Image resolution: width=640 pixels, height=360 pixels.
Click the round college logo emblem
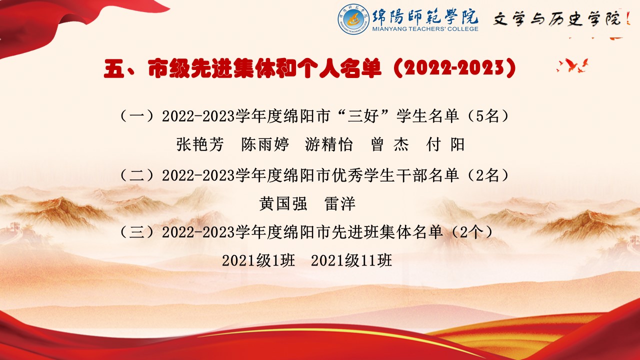(x=353, y=19)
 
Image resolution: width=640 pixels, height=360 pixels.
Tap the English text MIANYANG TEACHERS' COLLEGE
(x=425, y=29)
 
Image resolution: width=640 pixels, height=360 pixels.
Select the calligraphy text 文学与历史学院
(x=557, y=19)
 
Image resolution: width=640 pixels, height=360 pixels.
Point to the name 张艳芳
(x=199, y=144)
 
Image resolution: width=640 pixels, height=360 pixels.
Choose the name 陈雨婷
(x=265, y=144)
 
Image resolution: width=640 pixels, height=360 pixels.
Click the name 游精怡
(x=329, y=144)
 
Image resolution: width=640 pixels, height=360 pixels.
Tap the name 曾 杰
(x=389, y=144)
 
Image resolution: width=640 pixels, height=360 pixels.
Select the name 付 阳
(x=445, y=144)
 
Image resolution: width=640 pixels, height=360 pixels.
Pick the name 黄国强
(x=283, y=203)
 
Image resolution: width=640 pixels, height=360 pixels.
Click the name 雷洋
(x=340, y=203)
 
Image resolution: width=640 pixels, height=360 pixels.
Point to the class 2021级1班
(x=258, y=260)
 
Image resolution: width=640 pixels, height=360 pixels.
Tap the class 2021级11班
(x=351, y=260)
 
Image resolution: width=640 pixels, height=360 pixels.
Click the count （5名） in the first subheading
(x=488, y=116)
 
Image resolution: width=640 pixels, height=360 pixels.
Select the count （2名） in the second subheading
(x=488, y=175)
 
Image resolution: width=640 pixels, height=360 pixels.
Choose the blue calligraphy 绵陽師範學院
(x=425, y=16)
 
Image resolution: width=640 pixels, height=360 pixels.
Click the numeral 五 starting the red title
(x=114, y=68)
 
